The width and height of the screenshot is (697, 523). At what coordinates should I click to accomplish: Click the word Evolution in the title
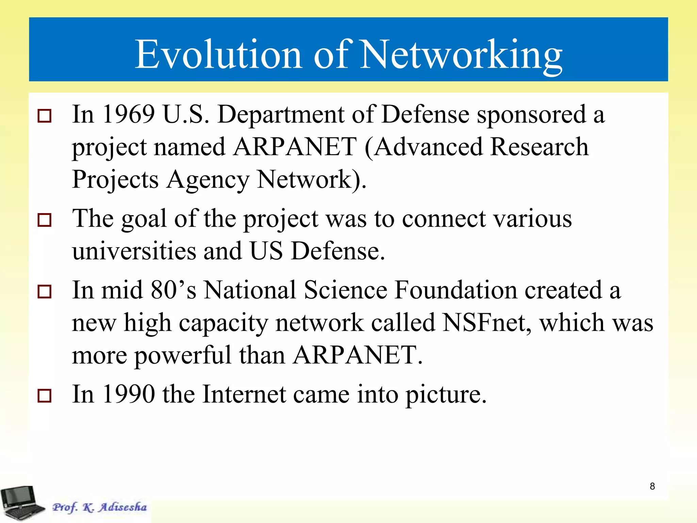(x=218, y=54)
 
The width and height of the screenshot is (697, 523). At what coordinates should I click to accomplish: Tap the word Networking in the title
(x=461, y=54)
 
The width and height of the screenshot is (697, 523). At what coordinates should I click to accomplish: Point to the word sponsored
(x=531, y=115)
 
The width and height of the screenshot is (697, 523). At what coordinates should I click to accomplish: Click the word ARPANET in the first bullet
(x=295, y=147)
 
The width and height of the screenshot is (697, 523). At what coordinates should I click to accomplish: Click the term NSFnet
(x=486, y=322)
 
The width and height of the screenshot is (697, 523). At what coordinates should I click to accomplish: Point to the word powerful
(x=183, y=355)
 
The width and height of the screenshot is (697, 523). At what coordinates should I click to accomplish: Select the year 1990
(x=129, y=394)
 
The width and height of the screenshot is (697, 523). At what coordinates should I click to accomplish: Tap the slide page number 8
(x=652, y=486)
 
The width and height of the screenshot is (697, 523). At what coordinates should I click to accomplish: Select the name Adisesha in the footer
(x=123, y=507)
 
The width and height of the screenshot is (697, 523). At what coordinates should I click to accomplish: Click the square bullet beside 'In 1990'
(x=45, y=396)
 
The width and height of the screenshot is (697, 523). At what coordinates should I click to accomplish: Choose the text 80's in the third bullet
(x=174, y=290)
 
